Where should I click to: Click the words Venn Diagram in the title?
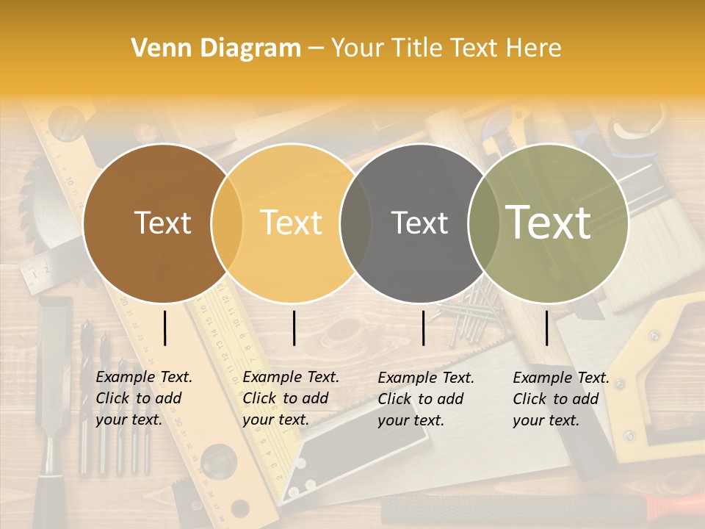coord(216,48)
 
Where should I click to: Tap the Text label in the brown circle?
coord(162,223)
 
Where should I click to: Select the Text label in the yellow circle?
coord(292,223)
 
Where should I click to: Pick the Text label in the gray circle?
coord(419,223)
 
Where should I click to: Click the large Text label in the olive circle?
coord(549,222)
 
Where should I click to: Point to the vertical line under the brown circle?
coord(164,328)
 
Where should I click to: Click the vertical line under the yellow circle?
coord(294,328)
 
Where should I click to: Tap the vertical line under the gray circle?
coord(423,328)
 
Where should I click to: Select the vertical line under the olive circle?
coord(547,328)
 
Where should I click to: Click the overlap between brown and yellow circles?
coord(227,223)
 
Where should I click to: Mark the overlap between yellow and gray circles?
coord(355,223)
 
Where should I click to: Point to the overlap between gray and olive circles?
coord(480,223)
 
